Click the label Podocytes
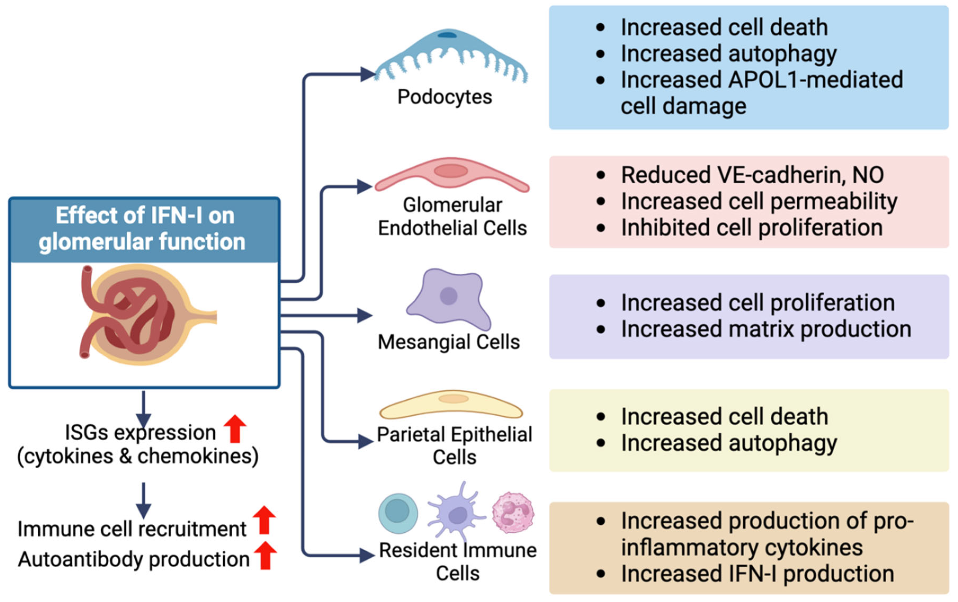[x=445, y=97]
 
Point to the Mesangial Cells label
[x=449, y=342]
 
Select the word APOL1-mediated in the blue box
[x=816, y=80]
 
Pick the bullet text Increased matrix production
[x=766, y=329]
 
